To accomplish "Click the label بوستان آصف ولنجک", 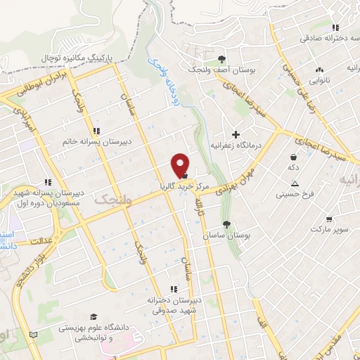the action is pyautogui.click(x=221, y=71).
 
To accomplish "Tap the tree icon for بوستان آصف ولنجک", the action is pyautogui.click(x=222, y=59).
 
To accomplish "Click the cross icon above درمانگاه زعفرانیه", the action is pyautogui.click(x=236, y=134).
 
